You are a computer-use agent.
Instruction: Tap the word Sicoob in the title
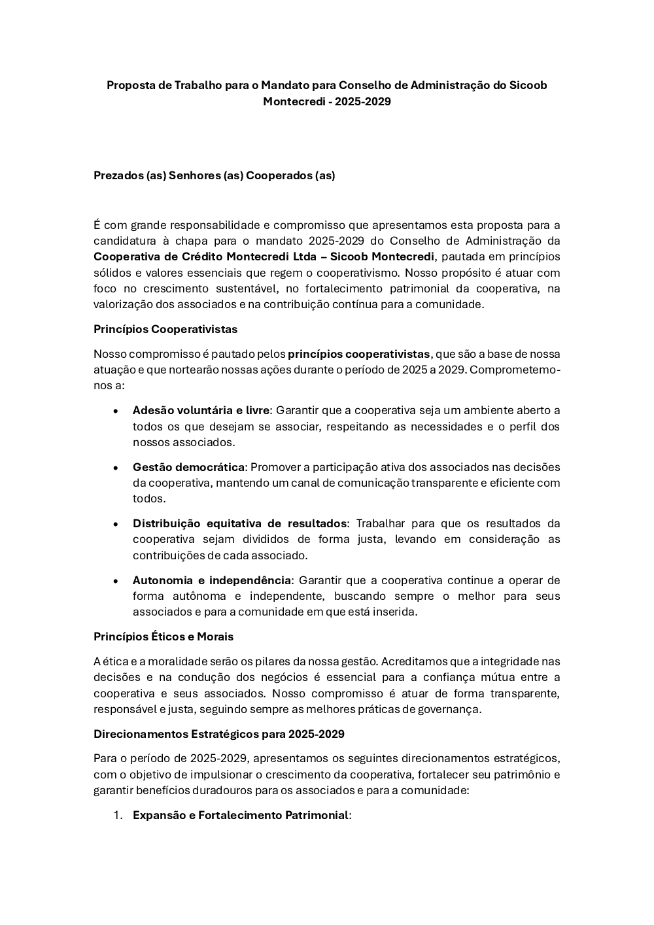(x=528, y=85)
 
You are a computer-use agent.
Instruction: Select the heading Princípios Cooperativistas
(x=165, y=329)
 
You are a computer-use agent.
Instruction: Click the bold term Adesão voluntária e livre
(x=201, y=410)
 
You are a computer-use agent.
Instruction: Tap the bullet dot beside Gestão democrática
(x=116, y=468)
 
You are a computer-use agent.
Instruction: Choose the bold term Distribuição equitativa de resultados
(x=239, y=523)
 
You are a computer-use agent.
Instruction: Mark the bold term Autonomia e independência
(x=211, y=580)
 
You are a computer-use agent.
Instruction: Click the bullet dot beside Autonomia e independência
(x=116, y=581)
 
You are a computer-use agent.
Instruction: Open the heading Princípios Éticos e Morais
(x=163, y=637)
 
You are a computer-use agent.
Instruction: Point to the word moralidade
(x=163, y=661)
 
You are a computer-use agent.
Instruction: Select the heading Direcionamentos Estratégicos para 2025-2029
(x=219, y=734)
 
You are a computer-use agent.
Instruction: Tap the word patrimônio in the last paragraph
(x=521, y=775)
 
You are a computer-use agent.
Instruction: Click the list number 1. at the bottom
(x=118, y=815)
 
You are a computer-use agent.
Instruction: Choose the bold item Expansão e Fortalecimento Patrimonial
(x=241, y=815)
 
